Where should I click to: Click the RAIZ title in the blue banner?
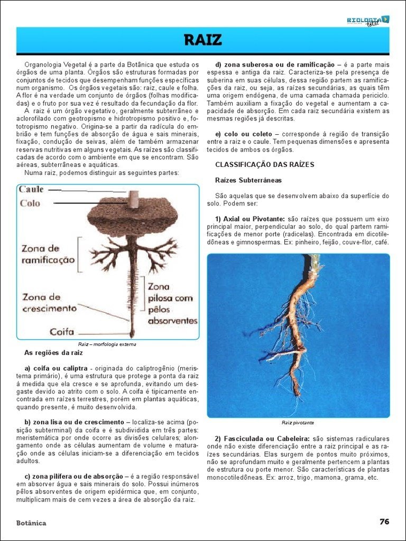coord(202,40)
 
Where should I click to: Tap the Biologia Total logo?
coord(368,21)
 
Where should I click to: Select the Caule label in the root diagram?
coord(31,189)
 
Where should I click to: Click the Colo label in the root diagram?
coord(30,203)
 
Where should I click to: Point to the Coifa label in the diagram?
coord(62,332)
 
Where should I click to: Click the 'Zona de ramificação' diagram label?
coord(48,254)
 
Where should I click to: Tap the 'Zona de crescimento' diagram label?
coord(49,303)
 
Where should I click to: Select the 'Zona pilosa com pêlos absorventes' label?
coord(172,303)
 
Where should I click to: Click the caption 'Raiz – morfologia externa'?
coord(107,344)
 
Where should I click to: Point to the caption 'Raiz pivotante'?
coord(298,423)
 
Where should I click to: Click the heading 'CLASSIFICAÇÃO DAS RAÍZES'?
coord(264,165)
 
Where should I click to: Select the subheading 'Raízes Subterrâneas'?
coord(248,180)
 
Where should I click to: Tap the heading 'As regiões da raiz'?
coord(53,352)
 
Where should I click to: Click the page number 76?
coord(384,521)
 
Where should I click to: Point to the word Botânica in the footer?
coord(31,523)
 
